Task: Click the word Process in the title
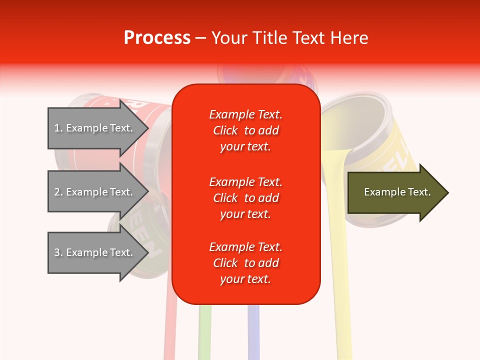coord(157,38)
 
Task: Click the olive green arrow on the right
coord(395,192)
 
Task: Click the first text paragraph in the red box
coord(245,130)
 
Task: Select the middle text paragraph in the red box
coord(245,198)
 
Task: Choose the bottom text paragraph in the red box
coord(245,263)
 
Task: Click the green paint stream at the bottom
coord(204,332)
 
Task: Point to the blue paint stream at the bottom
coord(253,332)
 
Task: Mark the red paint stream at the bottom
coord(169,332)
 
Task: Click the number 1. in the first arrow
coord(58,128)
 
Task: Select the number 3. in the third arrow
coord(58,252)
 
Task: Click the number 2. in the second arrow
coord(58,192)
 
